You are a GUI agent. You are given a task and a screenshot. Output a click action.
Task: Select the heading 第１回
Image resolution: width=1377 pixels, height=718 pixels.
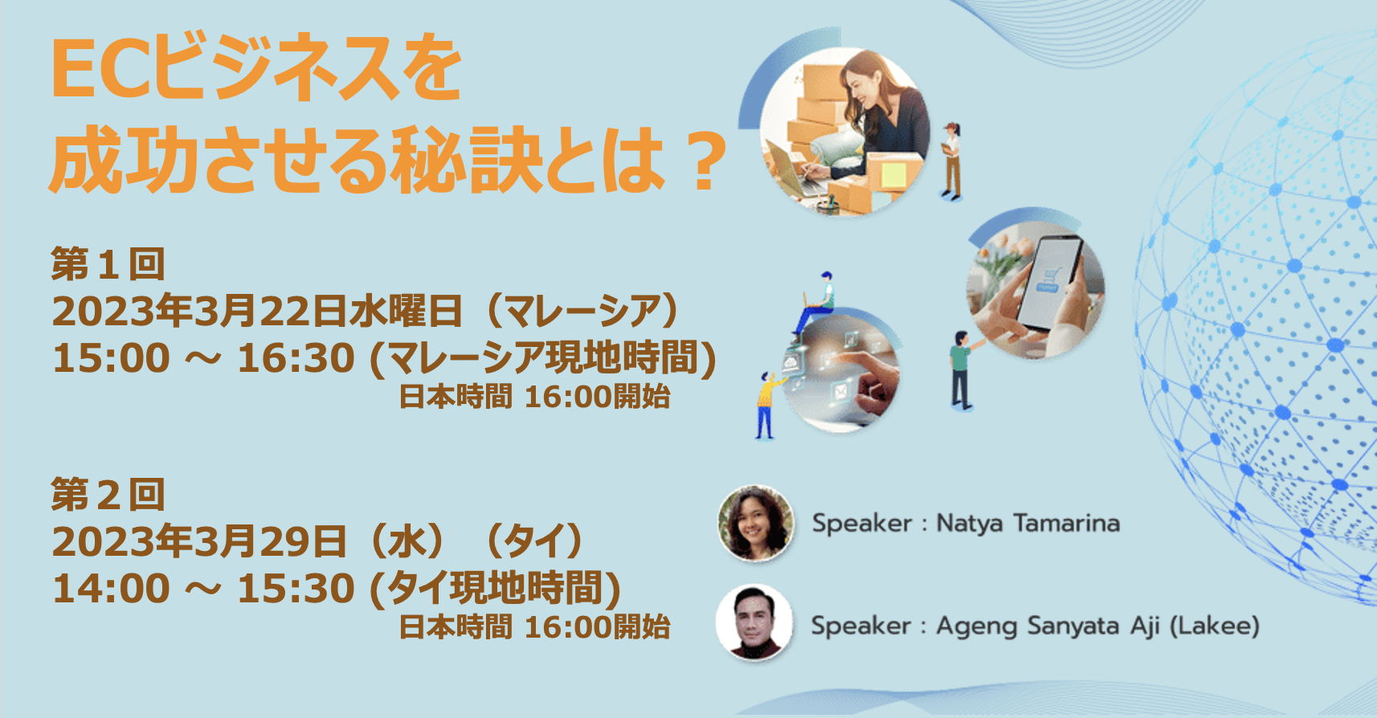coord(108,264)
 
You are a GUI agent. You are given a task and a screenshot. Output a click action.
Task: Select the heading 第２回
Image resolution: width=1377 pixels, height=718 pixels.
coord(108,495)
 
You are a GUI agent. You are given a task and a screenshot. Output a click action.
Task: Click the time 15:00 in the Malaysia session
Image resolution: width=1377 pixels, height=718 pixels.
coord(111,357)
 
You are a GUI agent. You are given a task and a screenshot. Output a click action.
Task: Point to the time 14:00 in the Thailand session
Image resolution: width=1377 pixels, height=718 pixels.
coord(111,588)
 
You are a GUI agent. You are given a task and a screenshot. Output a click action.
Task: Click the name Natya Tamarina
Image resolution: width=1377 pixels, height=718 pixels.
coord(1028,523)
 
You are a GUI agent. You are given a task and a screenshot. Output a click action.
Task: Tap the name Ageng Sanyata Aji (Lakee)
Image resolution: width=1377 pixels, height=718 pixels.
coord(1097,626)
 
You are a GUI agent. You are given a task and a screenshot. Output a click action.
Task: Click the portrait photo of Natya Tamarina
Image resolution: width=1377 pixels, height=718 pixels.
coord(755,523)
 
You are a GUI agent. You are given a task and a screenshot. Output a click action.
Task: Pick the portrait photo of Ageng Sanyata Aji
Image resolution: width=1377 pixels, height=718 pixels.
coord(754,622)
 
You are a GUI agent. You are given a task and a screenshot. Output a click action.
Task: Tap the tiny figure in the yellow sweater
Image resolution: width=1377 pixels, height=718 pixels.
coord(767,406)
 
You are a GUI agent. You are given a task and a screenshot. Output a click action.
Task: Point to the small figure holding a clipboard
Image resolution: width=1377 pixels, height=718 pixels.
coord(951,161)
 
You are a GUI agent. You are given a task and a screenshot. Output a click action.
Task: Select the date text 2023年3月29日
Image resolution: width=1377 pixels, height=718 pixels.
coord(199,541)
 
